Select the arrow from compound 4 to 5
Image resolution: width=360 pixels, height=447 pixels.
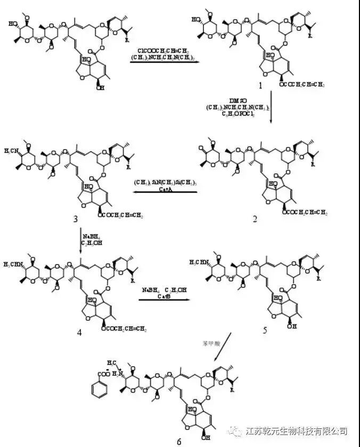(x=164, y=300)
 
